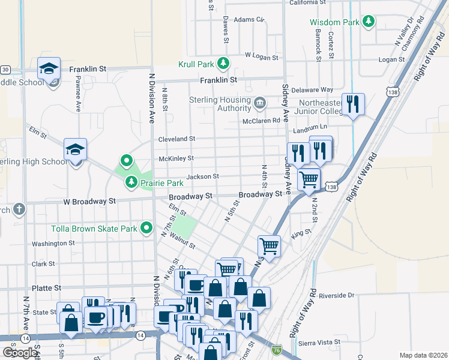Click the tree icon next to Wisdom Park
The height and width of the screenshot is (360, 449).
369,22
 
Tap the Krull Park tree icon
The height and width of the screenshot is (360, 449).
223,62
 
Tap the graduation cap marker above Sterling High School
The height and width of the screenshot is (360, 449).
76,149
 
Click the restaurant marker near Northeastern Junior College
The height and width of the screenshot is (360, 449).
353,104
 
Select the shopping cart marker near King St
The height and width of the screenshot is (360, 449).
269,246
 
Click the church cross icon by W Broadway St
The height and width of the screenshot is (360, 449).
19,209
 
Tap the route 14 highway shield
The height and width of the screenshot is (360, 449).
140,334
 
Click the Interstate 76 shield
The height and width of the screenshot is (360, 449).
276,349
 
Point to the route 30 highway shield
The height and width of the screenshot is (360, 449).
5,69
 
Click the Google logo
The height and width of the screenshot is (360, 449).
19,353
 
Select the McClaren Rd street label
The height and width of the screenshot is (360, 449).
261,120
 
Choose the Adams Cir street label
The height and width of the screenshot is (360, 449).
249,19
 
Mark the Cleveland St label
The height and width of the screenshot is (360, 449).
176,139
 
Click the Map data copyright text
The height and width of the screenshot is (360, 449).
423,355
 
